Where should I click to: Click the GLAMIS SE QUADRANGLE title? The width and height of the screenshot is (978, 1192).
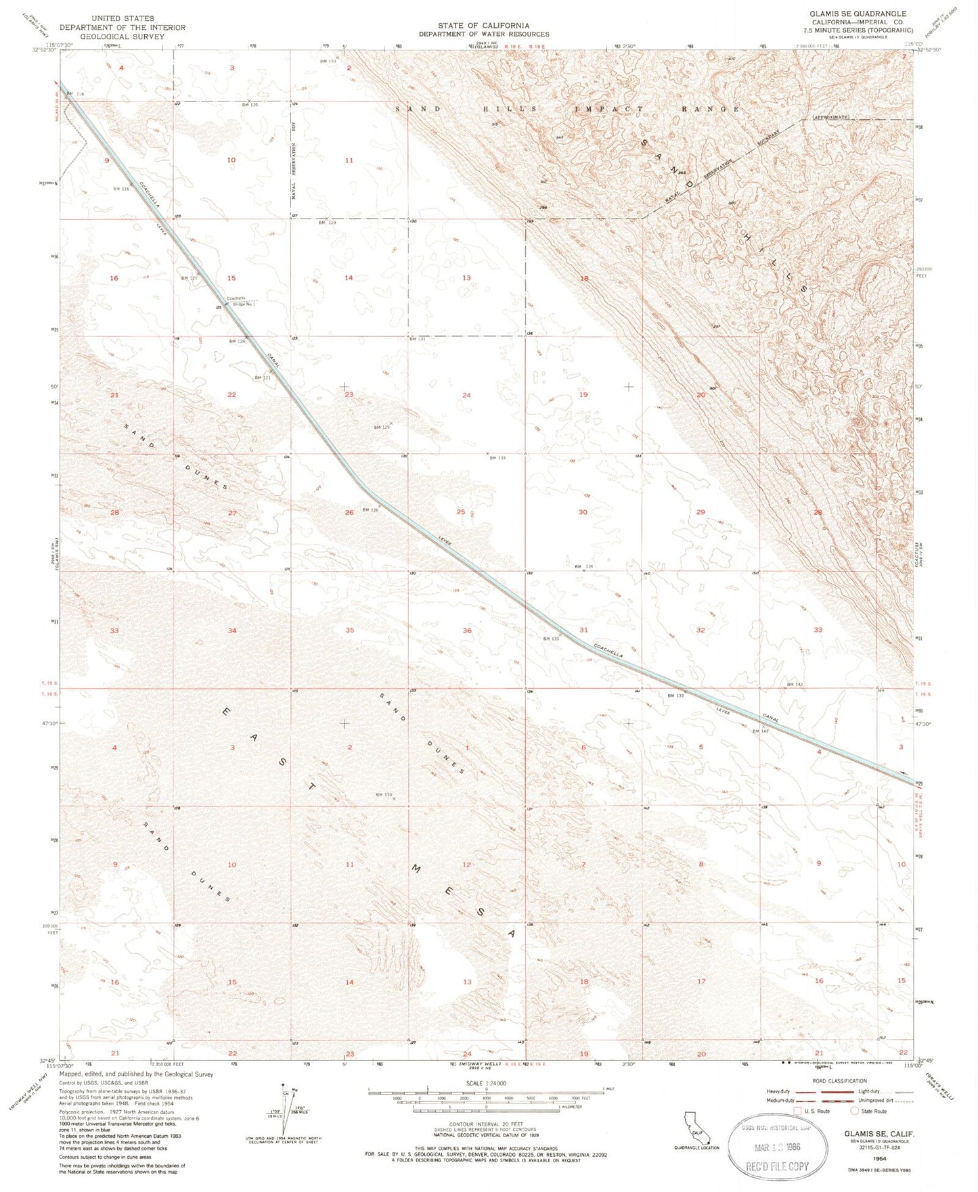858,14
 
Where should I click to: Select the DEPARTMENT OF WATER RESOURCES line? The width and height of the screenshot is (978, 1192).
483,34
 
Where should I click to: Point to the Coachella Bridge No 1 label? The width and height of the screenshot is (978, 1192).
240,301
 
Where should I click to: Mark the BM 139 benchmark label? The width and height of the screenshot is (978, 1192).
675,695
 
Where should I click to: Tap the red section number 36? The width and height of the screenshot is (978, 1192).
467,631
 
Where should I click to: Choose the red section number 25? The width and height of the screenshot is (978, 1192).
460,512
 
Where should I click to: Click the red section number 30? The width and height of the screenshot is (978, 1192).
583,512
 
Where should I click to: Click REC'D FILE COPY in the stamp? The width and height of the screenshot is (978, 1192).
777,1166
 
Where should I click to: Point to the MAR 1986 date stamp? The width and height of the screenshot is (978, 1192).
777,1148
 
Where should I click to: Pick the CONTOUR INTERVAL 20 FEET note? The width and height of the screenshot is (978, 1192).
485,1124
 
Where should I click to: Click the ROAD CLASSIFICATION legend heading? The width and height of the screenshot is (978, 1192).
836,1081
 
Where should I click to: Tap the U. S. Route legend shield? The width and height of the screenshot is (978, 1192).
797,1111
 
